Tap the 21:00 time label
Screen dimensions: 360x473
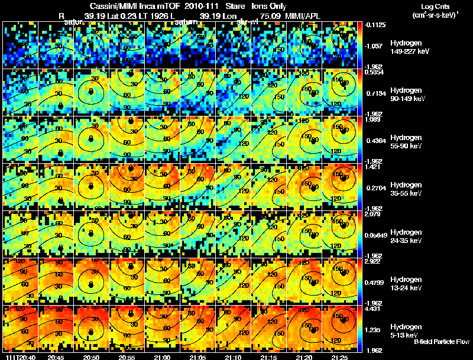click(162, 357)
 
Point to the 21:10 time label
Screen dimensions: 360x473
click(233, 357)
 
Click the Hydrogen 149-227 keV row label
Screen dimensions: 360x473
click(409, 47)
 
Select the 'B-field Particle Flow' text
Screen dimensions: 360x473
click(442, 342)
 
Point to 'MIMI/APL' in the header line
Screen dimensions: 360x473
click(305, 15)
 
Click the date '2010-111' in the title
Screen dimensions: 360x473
click(199, 6)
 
